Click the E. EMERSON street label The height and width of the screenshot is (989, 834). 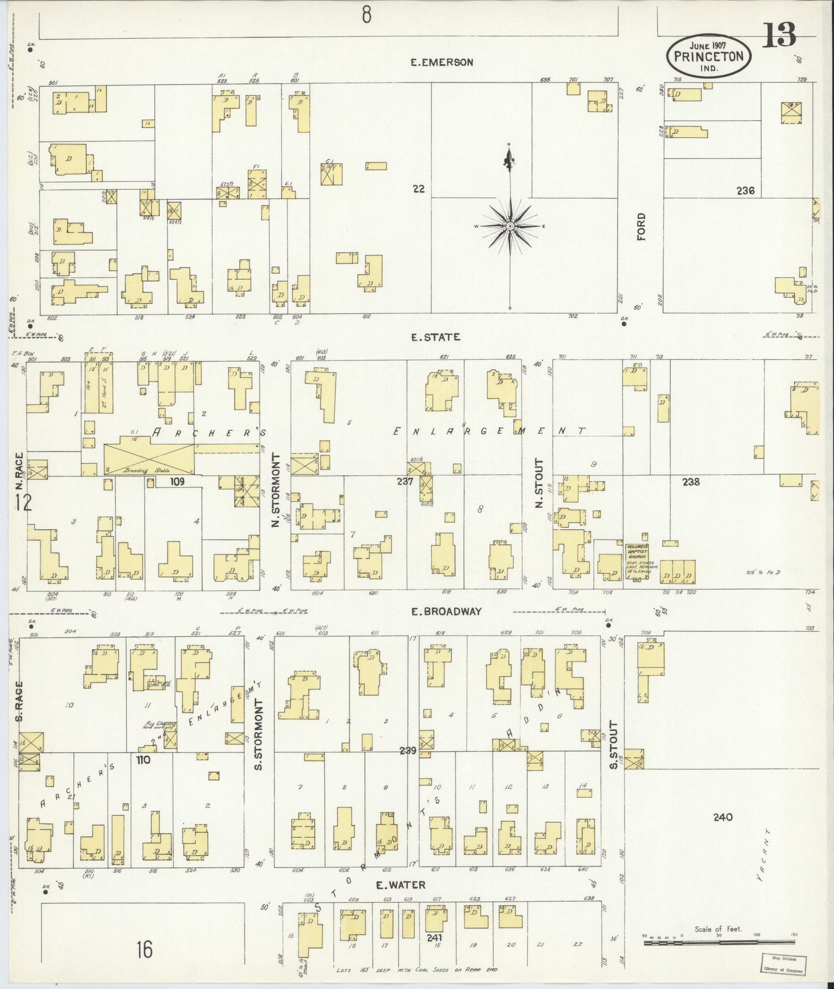442,62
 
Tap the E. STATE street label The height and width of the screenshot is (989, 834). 436,337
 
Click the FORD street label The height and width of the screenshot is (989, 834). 641,227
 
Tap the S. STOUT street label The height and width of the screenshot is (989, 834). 614,745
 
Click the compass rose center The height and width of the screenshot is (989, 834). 510,226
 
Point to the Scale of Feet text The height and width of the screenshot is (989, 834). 718,930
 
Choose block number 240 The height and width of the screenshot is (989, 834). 722,817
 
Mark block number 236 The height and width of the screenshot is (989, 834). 745,190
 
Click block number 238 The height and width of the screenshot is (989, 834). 690,481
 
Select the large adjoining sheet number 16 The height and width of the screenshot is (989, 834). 144,949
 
